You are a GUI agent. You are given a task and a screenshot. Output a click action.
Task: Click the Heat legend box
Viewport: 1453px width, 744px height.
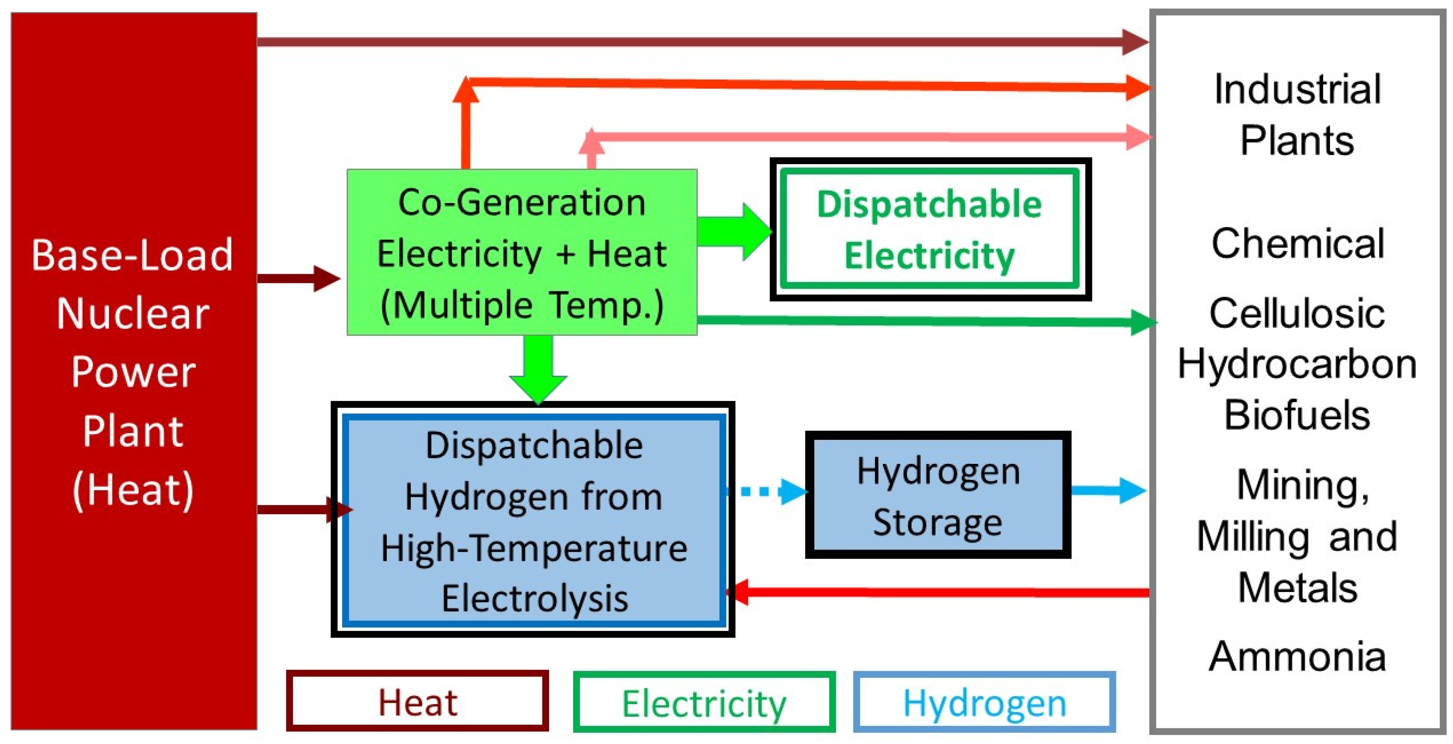[x=417, y=701]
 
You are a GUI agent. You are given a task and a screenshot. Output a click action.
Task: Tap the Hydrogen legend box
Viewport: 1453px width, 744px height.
[x=984, y=702]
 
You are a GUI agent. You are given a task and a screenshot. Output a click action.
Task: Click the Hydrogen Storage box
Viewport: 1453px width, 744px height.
[x=938, y=495]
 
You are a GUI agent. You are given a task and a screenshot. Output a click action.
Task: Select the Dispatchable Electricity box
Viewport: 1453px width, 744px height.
[x=929, y=229]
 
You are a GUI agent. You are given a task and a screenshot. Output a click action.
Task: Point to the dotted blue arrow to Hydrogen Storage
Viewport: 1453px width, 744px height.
[x=767, y=491]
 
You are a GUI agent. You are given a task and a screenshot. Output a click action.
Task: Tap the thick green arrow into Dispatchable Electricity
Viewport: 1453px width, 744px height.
[x=733, y=231]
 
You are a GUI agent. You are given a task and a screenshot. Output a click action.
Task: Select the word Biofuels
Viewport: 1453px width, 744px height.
[x=1297, y=415]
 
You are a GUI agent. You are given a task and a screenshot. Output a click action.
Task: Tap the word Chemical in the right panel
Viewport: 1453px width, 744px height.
[x=1298, y=244]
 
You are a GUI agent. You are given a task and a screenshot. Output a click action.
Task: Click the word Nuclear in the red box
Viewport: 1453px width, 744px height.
[x=133, y=314]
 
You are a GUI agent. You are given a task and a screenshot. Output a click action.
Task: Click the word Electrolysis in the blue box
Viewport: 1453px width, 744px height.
[x=534, y=598]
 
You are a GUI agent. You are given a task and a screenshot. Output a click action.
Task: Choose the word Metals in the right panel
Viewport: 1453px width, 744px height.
[x=1297, y=588]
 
